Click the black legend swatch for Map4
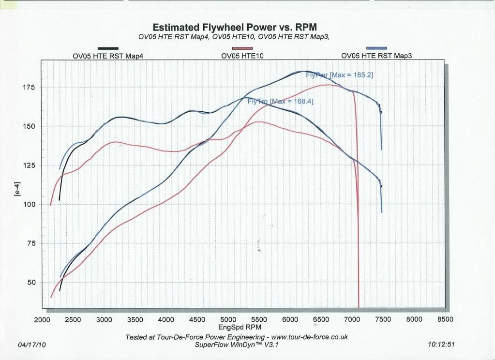(x=108, y=48)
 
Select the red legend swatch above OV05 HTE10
(x=242, y=48)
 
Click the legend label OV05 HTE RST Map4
(x=108, y=56)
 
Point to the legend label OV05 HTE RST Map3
(x=376, y=56)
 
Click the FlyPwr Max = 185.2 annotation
(x=339, y=75)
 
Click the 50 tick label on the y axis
(x=31, y=282)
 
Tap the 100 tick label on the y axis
(x=29, y=204)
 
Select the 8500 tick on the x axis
(x=445, y=320)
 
